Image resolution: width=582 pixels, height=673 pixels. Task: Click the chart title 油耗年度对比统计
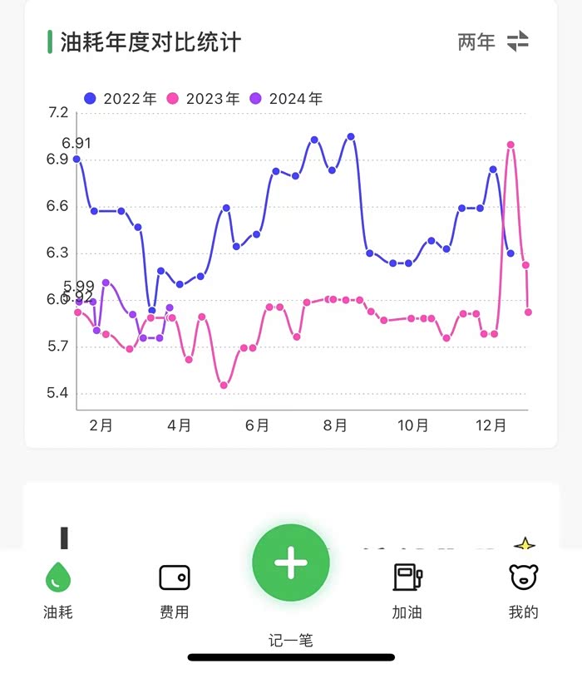(x=150, y=42)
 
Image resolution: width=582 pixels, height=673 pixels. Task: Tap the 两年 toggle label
(x=476, y=42)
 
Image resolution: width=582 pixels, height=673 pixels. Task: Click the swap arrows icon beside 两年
(x=518, y=42)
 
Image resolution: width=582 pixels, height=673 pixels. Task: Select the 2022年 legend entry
(x=121, y=98)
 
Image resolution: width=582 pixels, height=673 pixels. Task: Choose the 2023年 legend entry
(x=204, y=98)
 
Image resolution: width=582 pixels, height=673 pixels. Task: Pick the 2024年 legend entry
(x=287, y=98)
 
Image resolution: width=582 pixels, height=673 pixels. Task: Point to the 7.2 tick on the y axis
(x=59, y=113)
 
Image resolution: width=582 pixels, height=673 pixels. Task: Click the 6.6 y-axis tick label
(x=59, y=207)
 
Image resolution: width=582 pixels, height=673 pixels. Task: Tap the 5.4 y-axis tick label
(x=59, y=394)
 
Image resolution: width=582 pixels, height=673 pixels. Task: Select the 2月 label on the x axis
(x=101, y=425)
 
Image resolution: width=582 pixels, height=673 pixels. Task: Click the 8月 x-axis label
(x=335, y=425)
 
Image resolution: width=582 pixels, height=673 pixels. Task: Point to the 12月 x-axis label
(x=491, y=425)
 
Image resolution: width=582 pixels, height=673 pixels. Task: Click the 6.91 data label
(x=76, y=144)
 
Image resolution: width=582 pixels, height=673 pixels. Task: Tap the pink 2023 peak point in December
(x=510, y=145)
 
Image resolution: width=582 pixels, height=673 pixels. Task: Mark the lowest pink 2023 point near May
(x=224, y=385)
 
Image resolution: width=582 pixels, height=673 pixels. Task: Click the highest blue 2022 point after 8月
(x=351, y=136)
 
